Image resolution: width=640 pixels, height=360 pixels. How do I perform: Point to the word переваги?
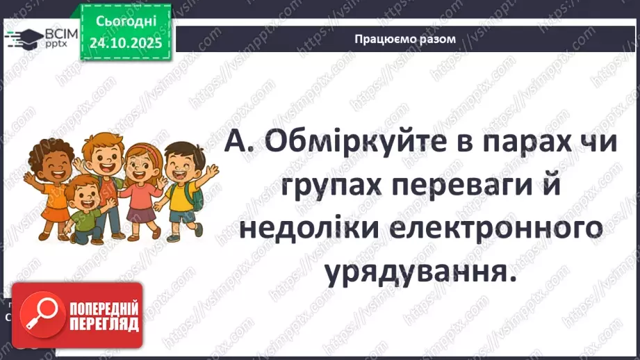pos(473,189)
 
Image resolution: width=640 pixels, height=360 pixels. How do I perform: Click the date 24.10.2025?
pos(125,43)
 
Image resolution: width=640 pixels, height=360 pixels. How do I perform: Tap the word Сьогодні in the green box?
pos(125,22)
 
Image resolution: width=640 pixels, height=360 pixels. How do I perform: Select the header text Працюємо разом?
pos(405,39)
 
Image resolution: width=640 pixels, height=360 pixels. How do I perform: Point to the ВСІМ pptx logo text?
pos(58,36)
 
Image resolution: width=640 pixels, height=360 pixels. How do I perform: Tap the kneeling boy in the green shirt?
pos(85,208)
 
